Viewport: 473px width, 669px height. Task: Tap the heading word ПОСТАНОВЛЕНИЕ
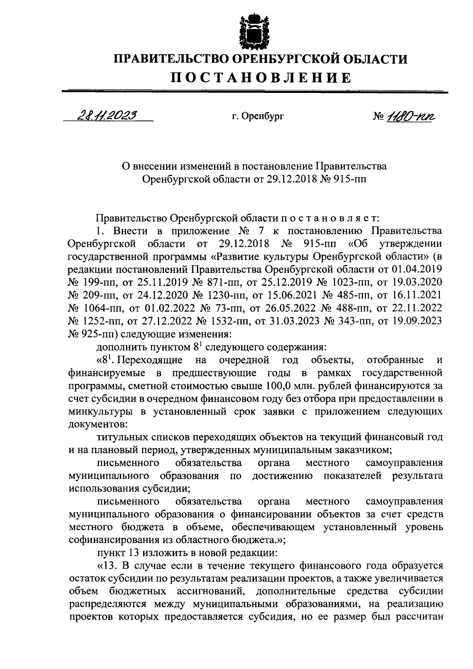[261, 78]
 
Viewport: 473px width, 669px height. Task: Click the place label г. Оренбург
[258, 117]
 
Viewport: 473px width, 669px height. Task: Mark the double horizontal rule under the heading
[255, 92]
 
